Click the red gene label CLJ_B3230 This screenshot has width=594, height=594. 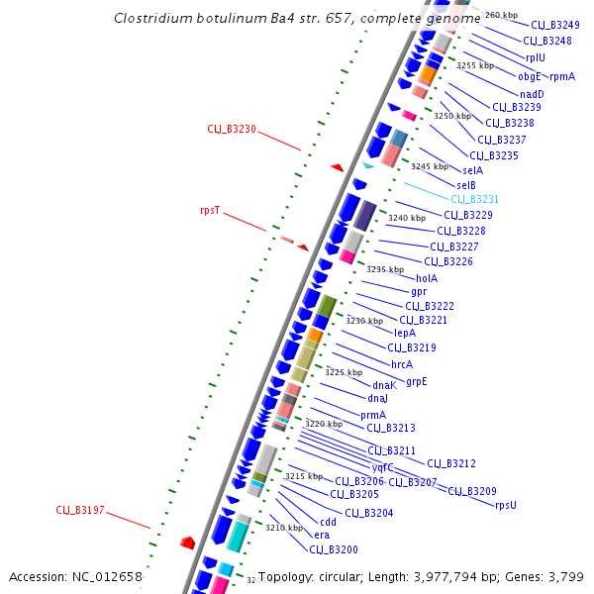coord(232,129)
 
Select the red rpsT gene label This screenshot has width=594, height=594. coord(210,210)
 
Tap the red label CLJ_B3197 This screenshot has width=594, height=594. coord(80,510)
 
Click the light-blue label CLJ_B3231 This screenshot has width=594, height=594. coord(475,199)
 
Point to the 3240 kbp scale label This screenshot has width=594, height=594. coord(407,218)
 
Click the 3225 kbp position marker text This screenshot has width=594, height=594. coord(344,372)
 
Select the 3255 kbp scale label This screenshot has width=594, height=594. coord(475,65)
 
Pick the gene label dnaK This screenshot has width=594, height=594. coord(384,385)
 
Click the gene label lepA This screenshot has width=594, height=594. coord(405,334)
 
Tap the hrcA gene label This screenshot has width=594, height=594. coord(401,364)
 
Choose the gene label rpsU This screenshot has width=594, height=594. coord(506,505)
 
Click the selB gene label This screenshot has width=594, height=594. coord(466,185)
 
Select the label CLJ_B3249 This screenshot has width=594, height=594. coord(555,25)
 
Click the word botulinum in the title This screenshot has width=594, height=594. coord(221,18)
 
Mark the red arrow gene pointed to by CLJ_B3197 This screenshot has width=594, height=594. coord(187,543)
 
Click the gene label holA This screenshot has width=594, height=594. coord(427,278)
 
